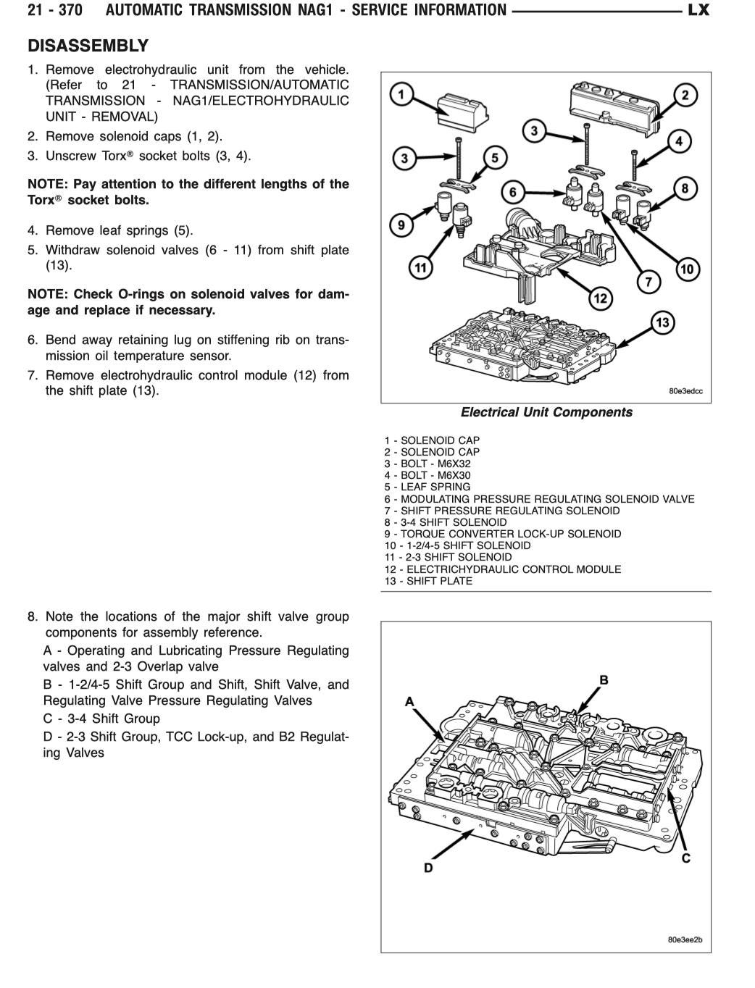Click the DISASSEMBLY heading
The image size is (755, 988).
(x=88, y=46)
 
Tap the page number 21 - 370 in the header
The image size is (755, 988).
(x=54, y=10)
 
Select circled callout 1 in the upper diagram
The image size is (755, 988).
(x=401, y=93)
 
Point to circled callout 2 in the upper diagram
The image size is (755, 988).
(x=685, y=94)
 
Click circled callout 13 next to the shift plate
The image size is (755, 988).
(x=662, y=322)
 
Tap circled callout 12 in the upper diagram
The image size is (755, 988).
(x=600, y=298)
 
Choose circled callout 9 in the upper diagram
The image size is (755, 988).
(x=401, y=225)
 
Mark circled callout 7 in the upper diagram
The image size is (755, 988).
(x=648, y=281)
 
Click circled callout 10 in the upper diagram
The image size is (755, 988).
(x=687, y=269)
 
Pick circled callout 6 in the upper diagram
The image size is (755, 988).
(x=513, y=192)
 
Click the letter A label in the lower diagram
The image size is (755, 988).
(x=409, y=701)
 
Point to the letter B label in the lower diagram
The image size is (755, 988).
(x=603, y=680)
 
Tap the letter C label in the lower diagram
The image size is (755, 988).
(x=685, y=858)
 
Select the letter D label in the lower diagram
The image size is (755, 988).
(x=428, y=868)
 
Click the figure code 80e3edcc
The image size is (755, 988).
(x=685, y=391)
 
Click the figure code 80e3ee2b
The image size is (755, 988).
(x=685, y=940)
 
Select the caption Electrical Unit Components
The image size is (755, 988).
(x=546, y=412)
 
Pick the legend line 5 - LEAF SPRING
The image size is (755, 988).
(x=427, y=487)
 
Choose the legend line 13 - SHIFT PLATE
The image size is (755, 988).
(x=428, y=581)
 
